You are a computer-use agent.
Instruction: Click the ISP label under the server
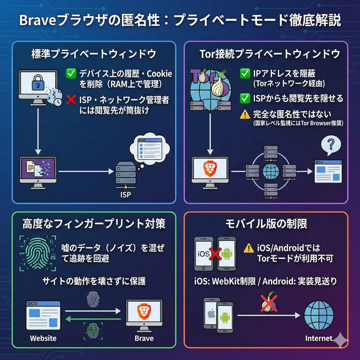point(125,194)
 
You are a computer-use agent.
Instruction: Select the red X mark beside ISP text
point(71,100)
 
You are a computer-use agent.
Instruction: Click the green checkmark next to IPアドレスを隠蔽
point(245,73)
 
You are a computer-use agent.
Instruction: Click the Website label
point(43,338)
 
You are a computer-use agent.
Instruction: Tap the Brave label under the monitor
point(144,338)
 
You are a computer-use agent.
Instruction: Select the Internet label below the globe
point(319,338)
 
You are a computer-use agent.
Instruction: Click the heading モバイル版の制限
point(266,224)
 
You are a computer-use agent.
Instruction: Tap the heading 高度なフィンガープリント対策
point(94,224)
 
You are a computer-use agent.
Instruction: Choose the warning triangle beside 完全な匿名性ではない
point(245,115)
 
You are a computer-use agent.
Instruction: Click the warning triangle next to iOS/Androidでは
point(249,248)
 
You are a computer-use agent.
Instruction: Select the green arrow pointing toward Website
point(93,319)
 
